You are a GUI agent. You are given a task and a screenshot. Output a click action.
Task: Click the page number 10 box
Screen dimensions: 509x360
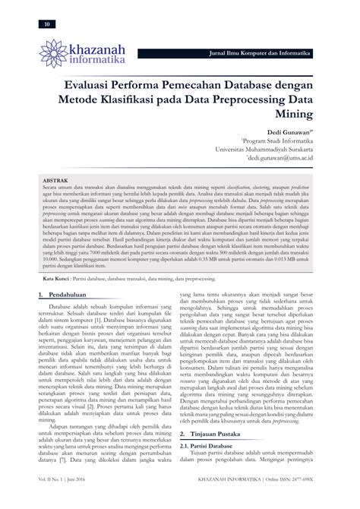coord(49,25)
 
